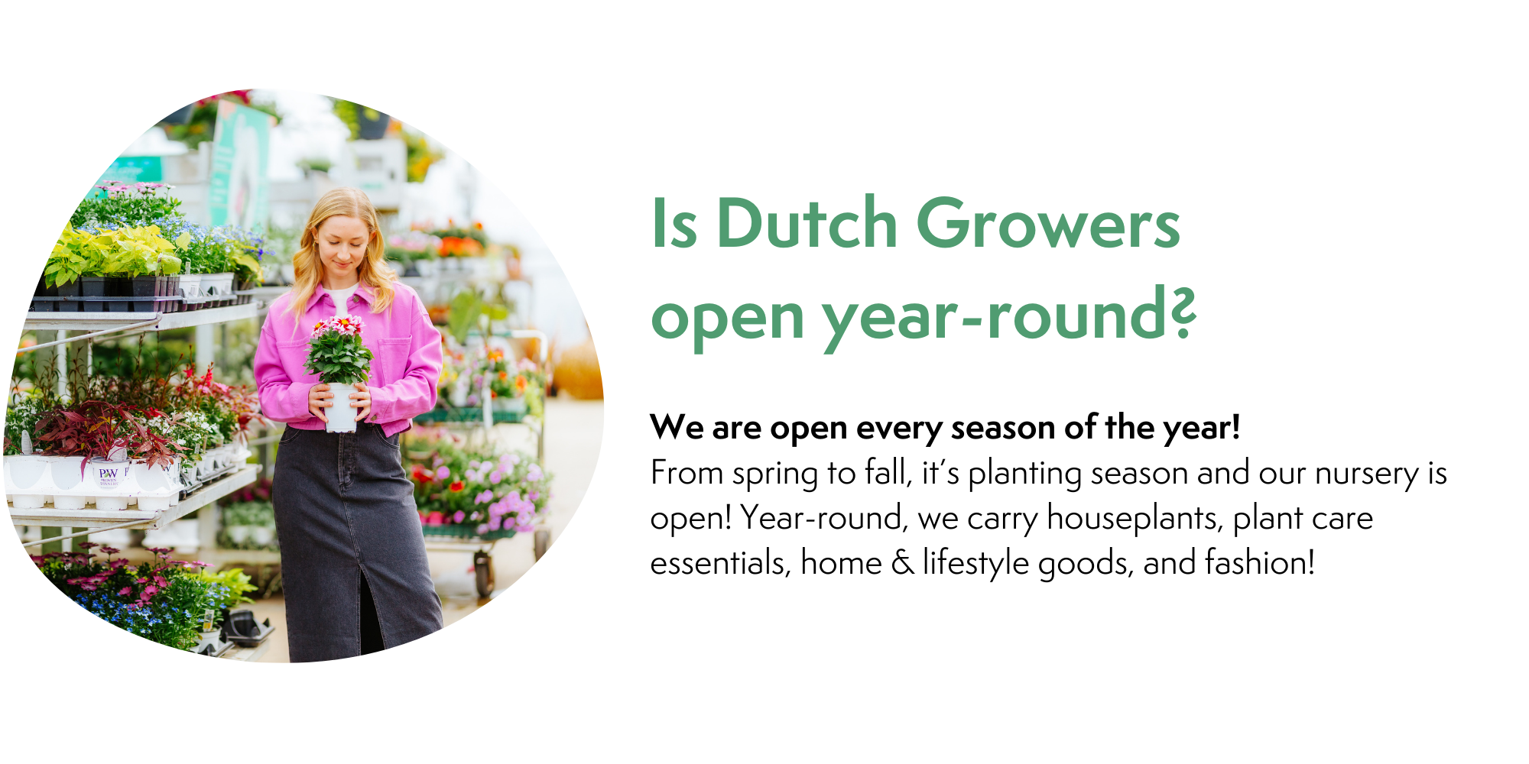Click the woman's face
[343, 243]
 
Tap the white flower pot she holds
[341, 407]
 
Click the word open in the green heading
[727, 317]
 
